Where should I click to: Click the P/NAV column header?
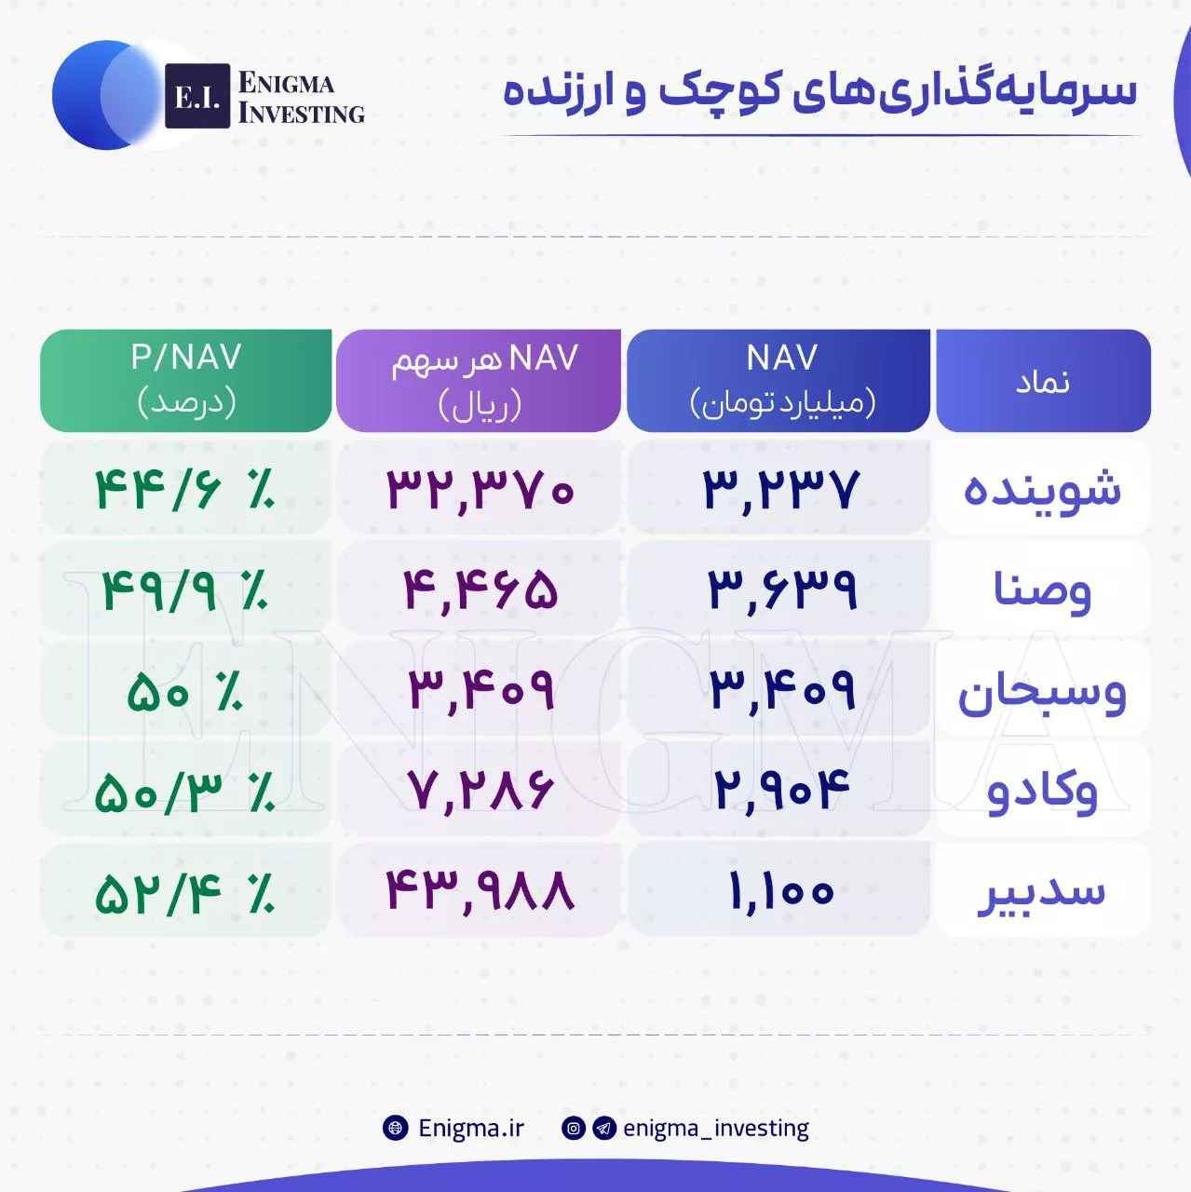click(x=185, y=380)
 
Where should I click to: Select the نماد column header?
click(x=1043, y=380)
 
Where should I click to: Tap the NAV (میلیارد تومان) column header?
click(x=778, y=380)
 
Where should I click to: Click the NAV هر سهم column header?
click(x=479, y=380)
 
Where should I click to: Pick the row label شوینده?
click(x=1043, y=489)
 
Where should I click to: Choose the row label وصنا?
click(x=1043, y=589)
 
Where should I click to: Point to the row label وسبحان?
click(x=1043, y=692)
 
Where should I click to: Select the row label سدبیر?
click(x=1043, y=893)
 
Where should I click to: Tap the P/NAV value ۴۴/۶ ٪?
click(x=185, y=490)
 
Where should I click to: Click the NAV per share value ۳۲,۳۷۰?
click(x=480, y=490)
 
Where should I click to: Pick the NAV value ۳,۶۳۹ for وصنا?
click(x=782, y=590)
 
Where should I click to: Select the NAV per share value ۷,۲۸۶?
click(x=480, y=792)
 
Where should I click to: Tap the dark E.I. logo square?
click(x=197, y=96)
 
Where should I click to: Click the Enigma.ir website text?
click(x=471, y=1129)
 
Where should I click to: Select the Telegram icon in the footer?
click(x=604, y=1129)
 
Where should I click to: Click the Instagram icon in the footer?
click(x=574, y=1129)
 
